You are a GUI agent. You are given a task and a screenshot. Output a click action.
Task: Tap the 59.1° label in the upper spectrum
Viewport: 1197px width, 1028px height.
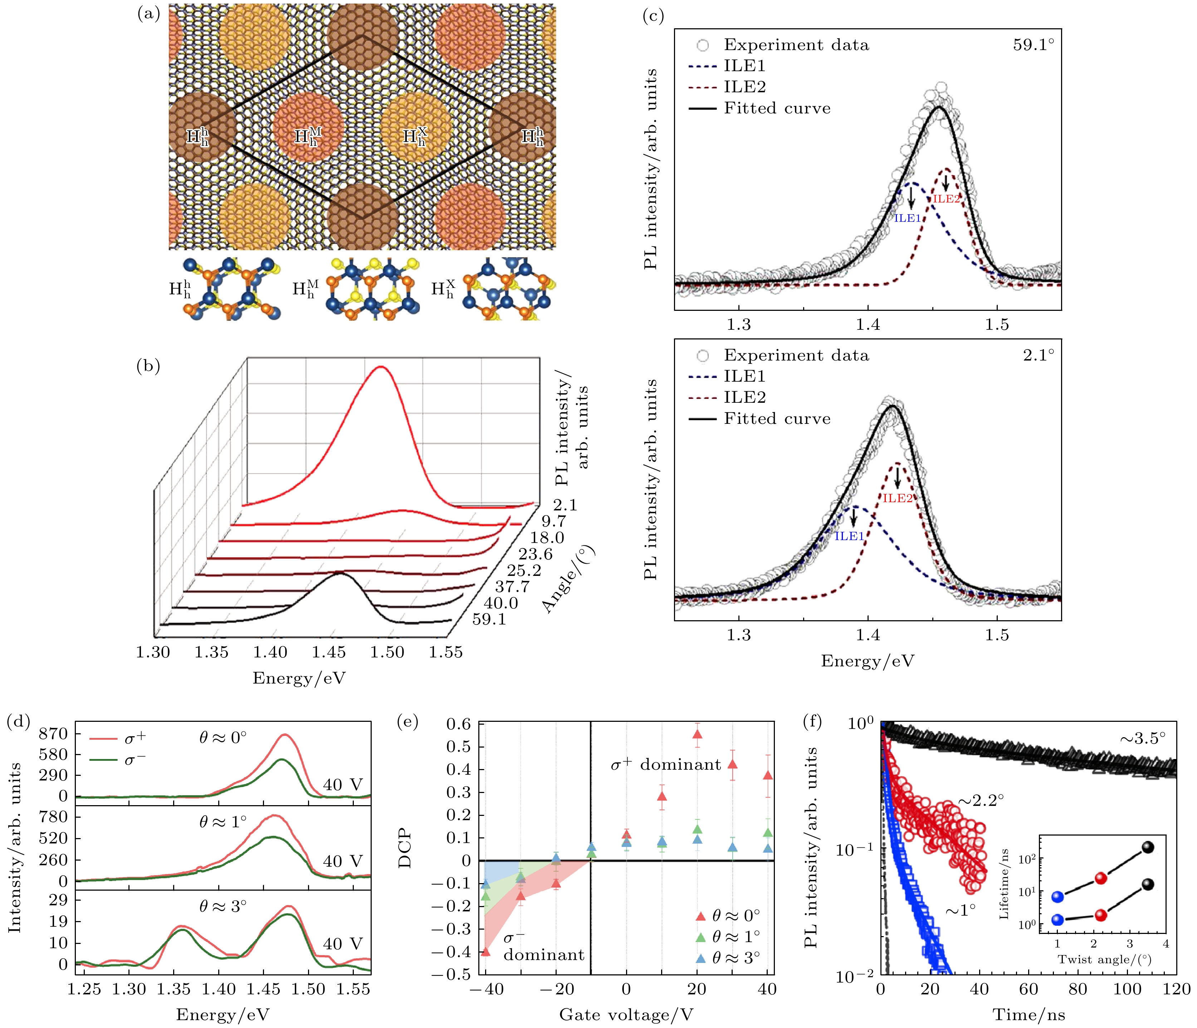click(1033, 45)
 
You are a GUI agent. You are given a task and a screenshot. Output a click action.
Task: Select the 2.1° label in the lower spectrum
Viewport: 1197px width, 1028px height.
click(1038, 355)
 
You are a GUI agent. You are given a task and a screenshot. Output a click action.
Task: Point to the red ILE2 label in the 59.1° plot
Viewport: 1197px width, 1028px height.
click(946, 199)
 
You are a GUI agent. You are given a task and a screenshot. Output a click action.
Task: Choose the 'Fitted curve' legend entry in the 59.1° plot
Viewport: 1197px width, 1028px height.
click(777, 109)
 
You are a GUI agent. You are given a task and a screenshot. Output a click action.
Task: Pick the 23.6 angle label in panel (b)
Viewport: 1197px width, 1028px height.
click(535, 554)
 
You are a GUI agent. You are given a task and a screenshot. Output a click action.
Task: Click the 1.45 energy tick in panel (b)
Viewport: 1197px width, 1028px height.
click(329, 653)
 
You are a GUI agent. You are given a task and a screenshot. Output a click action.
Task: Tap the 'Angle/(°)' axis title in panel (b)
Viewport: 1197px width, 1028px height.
click(569, 579)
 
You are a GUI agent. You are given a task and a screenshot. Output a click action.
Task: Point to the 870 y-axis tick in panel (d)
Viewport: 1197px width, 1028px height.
click(53, 734)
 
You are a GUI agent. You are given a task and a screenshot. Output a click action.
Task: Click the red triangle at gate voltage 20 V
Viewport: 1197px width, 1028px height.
click(697, 734)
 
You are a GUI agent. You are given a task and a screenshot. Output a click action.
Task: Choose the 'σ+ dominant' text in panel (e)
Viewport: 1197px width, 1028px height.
click(665, 765)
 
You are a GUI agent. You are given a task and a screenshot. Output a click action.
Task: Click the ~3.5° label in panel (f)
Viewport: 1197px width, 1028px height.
click(1143, 739)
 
